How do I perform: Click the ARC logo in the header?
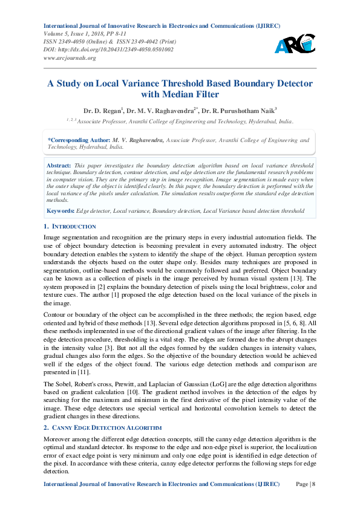295,43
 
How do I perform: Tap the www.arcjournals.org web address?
70,57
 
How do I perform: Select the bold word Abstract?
59,164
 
